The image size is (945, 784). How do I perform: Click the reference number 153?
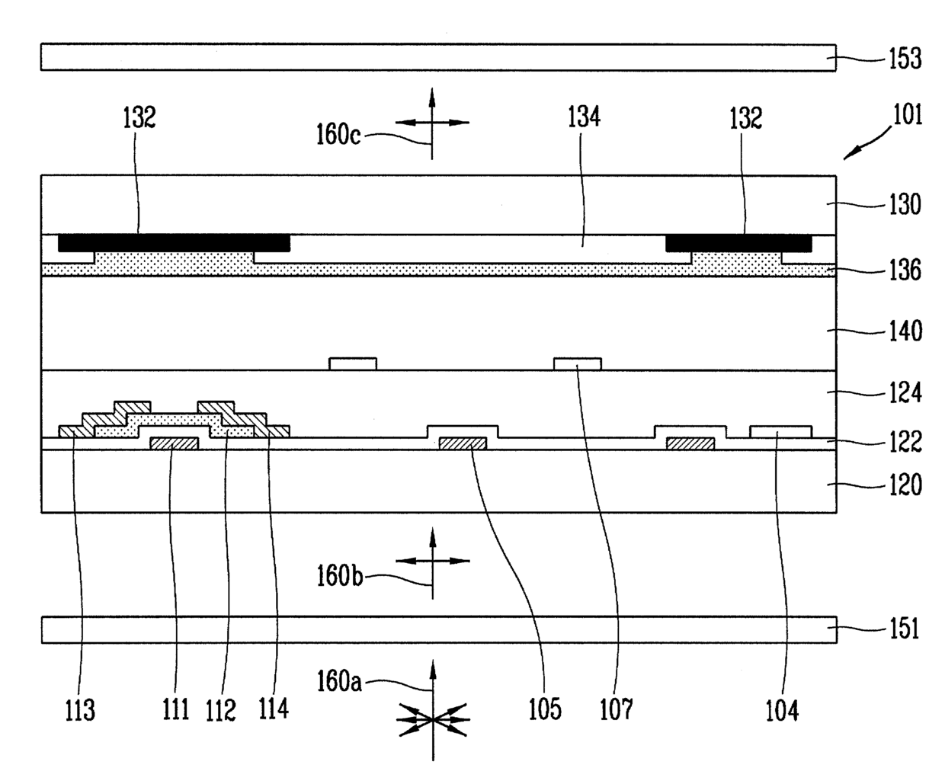click(x=905, y=59)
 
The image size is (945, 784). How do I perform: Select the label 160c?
click(x=339, y=135)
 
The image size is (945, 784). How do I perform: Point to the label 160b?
click(x=339, y=575)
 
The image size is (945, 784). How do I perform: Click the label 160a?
click(x=339, y=681)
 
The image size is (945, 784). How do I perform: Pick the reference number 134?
click(x=583, y=117)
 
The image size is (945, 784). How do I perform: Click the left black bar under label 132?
click(x=174, y=242)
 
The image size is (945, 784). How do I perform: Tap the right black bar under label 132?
click(x=738, y=242)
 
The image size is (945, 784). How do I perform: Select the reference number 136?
click(x=905, y=270)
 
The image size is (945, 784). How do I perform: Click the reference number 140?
click(x=905, y=331)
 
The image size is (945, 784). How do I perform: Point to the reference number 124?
click(x=905, y=393)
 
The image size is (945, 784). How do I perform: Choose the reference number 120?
click(x=905, y=485)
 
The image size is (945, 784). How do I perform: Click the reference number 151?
click(x=905, y=629)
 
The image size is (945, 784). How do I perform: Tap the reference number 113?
click(x=79, y=710)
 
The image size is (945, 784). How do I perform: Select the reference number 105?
click(x=546, y=709)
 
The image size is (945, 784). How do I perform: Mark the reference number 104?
click(x=782, y=710)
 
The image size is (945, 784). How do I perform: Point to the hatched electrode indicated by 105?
click(x=463, y=443)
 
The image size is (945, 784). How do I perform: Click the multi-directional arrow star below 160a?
click(x=432, y=718)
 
